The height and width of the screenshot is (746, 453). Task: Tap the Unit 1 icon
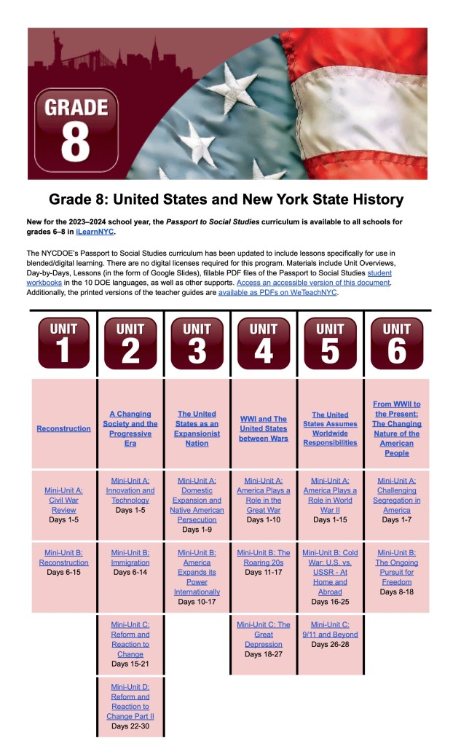pos(63,342)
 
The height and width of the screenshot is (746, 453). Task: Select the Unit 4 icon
pos(263,342)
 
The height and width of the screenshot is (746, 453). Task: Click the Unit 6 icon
pos(396,342)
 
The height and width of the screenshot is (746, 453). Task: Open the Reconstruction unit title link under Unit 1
pos(63,428)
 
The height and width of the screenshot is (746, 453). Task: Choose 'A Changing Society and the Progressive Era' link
pos(130,428)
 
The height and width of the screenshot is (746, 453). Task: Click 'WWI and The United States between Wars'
pos(263,428)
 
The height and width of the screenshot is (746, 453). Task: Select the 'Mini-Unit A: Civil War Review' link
pos(63,500)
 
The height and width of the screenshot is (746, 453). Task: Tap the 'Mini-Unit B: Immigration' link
pos(130,557)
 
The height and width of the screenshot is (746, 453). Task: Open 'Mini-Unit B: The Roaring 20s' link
pos(263,557)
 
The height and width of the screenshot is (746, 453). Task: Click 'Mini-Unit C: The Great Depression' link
pos(263,634)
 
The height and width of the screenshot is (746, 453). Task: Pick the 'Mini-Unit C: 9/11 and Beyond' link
pos(330,629)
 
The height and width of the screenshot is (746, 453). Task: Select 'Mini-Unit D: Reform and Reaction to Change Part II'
pos(130,701)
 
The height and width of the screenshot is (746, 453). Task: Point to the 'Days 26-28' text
pos(330,644)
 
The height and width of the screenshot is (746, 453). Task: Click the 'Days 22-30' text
pos(130,726)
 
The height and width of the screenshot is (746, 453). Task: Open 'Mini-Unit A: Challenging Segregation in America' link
pos(396,495)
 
